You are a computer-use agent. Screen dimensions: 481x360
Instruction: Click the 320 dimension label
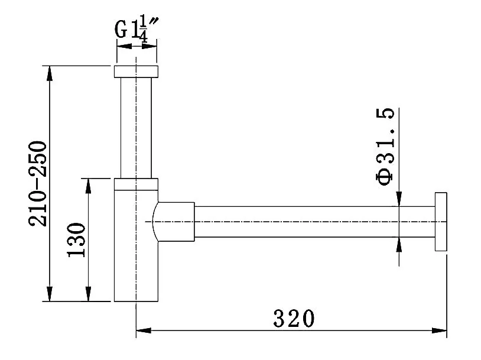click(294, 319)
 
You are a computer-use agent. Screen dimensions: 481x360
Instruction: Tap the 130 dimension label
click(76, 239)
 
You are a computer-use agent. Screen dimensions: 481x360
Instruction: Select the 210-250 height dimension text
click(38, 183)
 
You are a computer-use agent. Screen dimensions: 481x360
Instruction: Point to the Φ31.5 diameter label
click(385, 147)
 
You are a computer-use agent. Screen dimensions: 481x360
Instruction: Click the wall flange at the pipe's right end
click(441, 222)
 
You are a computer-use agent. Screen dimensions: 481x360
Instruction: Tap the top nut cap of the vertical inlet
click(136, 72)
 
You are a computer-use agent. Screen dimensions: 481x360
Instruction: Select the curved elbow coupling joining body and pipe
click(173, 222)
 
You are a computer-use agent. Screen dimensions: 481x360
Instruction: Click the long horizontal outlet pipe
click(315, 222)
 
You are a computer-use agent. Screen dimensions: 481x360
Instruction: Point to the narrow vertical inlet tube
click(136, 128)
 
